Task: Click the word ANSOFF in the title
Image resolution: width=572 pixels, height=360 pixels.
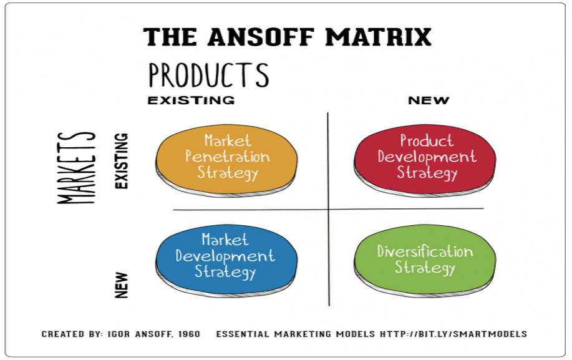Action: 261,37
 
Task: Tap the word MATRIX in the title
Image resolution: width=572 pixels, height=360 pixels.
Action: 378,37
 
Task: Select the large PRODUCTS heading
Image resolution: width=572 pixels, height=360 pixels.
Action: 209,75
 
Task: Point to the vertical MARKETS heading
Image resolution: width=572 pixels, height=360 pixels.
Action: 76,167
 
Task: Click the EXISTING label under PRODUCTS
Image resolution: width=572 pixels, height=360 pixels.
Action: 191,100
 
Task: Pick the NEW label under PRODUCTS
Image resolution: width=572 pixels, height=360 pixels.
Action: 429,100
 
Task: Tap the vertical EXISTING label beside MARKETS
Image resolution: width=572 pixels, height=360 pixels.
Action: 122,161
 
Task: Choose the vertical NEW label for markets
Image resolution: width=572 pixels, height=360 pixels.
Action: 122,285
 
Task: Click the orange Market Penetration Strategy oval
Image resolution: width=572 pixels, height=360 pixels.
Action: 226,160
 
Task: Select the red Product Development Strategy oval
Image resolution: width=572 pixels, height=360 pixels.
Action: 425,160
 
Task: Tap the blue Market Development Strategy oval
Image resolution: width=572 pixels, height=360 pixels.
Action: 226,260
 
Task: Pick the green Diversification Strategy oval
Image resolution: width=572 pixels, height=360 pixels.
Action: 425,260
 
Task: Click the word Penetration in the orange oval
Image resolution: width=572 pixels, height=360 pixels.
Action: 228,157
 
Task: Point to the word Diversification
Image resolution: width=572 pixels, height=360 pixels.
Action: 425,251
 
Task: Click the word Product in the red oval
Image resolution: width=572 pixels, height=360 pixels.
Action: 427,140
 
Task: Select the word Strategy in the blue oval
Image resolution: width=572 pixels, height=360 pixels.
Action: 225,272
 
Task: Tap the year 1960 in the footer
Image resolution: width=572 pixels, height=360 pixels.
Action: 190,334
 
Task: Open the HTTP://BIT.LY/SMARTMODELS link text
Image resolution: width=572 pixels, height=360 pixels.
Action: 453,334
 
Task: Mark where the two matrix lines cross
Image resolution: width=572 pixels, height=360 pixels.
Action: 328,210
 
